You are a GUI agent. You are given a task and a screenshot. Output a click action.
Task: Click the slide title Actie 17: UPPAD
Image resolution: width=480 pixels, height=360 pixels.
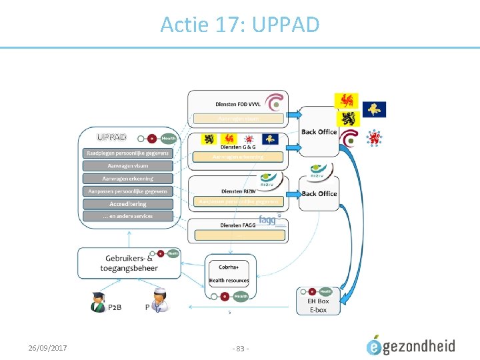(x=240, y=25)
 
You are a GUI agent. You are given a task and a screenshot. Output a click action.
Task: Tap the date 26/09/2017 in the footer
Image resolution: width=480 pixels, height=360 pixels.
(x=47, y=347)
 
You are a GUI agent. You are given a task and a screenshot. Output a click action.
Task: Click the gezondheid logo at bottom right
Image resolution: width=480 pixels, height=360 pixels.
(x=411, y=345)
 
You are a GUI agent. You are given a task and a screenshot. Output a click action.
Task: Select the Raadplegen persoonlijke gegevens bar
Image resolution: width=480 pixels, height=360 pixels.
(x=127, y=153)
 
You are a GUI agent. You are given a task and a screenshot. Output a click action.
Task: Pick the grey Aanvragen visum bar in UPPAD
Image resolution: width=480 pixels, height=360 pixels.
(x=127, y=165)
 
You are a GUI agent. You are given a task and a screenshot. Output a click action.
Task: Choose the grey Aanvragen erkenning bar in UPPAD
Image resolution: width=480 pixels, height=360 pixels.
(x=127, y=178)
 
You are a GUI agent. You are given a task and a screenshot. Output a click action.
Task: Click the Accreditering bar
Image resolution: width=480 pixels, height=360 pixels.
(x=127, y=203)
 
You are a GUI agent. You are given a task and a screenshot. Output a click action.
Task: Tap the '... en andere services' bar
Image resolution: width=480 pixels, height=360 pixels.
(x=127, y=216)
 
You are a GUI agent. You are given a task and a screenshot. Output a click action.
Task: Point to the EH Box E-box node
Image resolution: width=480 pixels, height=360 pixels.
(x=318, y=305)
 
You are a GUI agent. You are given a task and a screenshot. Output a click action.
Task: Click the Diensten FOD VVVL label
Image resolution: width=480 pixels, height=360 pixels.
(x=238, y=104)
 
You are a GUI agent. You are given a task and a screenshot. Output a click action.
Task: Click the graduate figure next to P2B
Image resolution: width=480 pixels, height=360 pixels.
(x=99, y=302)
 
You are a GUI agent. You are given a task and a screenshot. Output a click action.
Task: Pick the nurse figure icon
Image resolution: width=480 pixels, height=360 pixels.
(x=159, y=301)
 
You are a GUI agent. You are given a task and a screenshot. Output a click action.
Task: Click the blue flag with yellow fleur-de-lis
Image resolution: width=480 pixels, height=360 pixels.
(x=373, y=109)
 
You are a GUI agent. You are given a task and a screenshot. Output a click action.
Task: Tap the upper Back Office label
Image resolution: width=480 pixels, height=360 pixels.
(x=319, y=132)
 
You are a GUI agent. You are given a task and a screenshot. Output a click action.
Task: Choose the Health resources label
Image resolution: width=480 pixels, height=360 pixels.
(x=229, y=281)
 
